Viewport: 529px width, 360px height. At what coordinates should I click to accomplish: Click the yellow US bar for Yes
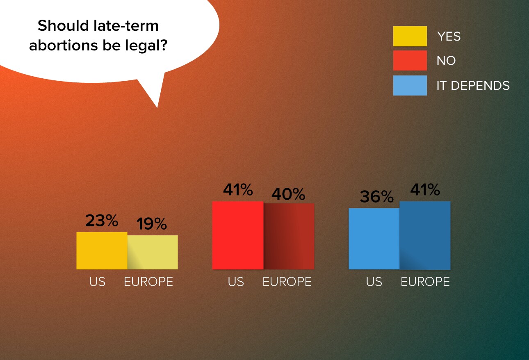(x=102, y=251)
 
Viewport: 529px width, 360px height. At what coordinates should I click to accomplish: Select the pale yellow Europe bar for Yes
(x=153, y=252)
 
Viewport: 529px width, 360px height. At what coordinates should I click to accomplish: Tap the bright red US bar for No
(x=238, y=235)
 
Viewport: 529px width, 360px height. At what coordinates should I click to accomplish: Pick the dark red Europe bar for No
(x=289, y=236)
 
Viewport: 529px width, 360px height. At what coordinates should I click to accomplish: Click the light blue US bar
(x=374, y=239)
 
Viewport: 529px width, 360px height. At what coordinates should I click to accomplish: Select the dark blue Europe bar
(x=425, y=235)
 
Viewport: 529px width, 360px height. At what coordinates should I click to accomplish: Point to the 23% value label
(x=102, y=221)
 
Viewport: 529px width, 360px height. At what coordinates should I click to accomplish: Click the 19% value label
(x=152, y=223)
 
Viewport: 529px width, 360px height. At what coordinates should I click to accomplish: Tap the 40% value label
(x=288, y=194)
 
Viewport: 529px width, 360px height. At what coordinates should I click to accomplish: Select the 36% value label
(x=377, y=196)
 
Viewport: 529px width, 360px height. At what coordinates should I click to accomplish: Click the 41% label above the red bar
(x=238, y=189)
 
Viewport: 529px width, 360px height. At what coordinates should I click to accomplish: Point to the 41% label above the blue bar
(x=425, y=189)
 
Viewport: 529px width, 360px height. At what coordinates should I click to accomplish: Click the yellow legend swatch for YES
(x=410, y=36)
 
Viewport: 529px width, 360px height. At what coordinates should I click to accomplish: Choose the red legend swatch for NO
(x=410, y=60)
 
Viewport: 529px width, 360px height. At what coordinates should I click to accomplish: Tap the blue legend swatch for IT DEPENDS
(x=410, y=85)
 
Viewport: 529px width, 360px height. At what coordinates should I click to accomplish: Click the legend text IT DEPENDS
(x=473, y=85)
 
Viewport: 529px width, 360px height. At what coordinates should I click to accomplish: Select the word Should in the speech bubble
(x=63, y=25)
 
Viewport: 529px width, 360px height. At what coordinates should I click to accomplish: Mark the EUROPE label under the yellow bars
(x=148, y=282)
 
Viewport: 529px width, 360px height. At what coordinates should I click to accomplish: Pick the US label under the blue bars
(x=374, y=282)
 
